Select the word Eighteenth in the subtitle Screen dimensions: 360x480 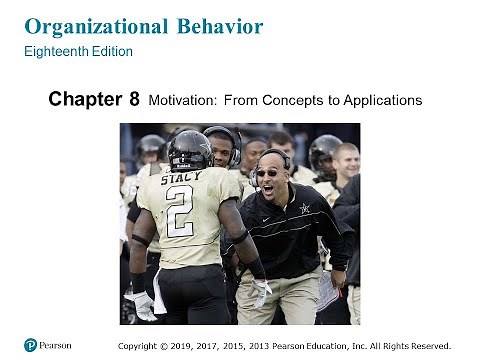tap(53, 51)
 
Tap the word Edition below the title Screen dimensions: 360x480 tap(110, 51)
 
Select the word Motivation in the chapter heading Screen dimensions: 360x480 tap(181, 100)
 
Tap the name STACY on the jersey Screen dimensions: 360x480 tap(180, 179)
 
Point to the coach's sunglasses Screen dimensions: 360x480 tap(268, 171)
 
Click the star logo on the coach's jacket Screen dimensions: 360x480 tap(304, 208)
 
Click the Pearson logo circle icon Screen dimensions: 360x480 tap(31, 345)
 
